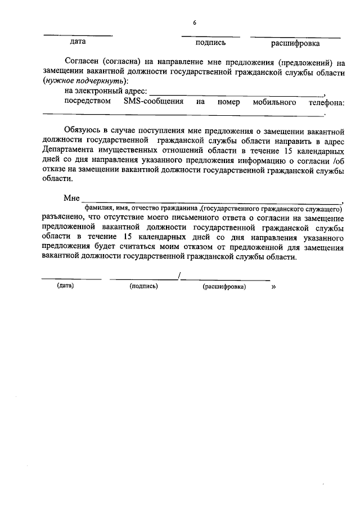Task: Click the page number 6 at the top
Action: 195,23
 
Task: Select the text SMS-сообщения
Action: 154,102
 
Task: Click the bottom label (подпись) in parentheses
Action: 143,286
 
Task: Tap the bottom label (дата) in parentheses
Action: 65,286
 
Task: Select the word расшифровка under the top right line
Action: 295,43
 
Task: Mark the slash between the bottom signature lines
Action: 178,275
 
